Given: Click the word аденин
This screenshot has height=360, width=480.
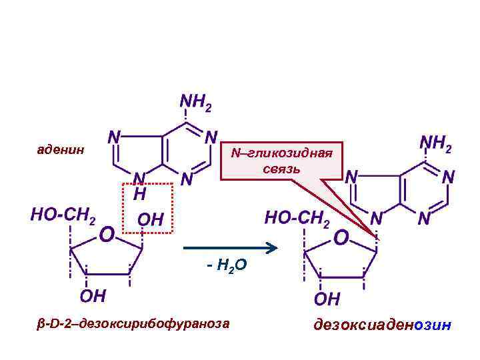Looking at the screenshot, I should coord(61,149).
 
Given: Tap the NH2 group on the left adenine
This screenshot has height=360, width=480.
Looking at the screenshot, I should coord(196,102).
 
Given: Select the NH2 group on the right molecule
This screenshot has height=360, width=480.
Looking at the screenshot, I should coord(436,144).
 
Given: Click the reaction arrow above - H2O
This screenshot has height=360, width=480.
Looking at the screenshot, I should coord(230,249).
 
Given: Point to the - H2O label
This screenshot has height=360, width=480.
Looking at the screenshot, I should coord(227,267).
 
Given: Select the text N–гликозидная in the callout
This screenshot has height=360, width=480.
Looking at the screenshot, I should coord(281,154).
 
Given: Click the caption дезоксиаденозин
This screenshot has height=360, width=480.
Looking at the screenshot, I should coord(382,325).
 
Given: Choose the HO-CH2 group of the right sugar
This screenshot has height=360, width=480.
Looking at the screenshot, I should coord(297,217).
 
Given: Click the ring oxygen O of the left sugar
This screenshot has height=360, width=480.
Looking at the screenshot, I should coord(107,235).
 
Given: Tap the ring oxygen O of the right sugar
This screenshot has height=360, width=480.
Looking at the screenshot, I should coord(341,237).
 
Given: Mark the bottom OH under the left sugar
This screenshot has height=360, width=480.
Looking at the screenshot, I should coord(95,295).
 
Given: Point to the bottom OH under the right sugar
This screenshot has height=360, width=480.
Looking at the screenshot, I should coord(327,297).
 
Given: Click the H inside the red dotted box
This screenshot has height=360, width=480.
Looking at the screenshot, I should coord(140,194).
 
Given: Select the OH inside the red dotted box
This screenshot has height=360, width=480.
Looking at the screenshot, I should coord(149,219).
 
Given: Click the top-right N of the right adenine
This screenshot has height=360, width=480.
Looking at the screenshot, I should coord(448,177).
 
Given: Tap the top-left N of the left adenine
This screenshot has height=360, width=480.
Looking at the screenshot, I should coord(114,136).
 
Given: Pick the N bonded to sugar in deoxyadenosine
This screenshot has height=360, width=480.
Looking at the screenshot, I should coord(377,218).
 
